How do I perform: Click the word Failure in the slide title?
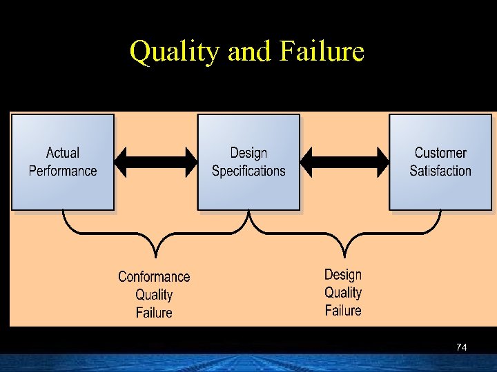[322, 52]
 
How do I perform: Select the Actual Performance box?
[63, 163]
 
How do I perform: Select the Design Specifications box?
[248, 163]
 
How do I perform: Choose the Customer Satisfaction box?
[440, 163]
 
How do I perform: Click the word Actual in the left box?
[63, 153]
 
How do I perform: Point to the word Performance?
[63, 170]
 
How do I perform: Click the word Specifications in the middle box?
[248, 171]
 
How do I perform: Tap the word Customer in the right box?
[440, 153]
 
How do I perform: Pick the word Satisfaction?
[440, 170]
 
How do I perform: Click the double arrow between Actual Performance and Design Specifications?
[156, 162]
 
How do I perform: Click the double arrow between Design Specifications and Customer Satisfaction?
[345, 162]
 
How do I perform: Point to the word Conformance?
[154, 277]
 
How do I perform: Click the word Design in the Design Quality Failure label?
[343, 275]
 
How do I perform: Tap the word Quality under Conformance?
[154, 295]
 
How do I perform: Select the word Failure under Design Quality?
[343, 310]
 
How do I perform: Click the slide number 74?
[462, 348]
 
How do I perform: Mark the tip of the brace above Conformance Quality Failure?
[157, 255]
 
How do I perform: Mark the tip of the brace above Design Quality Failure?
[343, 255]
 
